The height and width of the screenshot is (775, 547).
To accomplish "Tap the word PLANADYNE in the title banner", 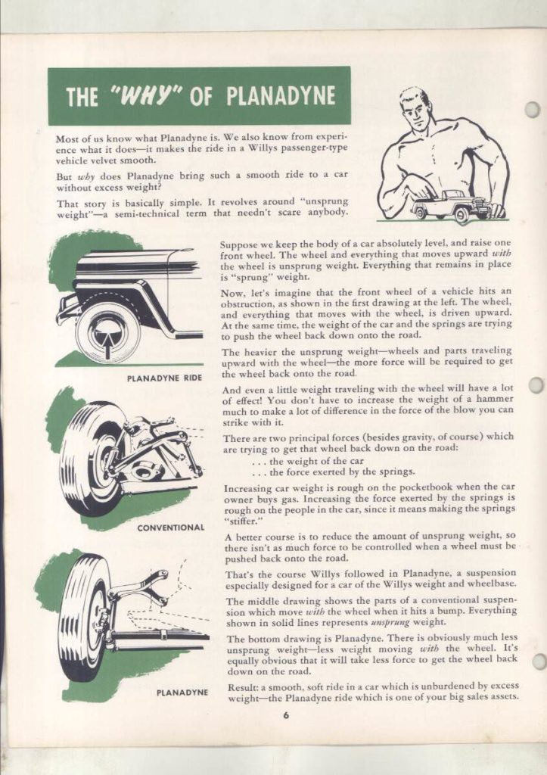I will click(279, 97).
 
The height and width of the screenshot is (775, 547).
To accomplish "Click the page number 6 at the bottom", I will click(287, 718).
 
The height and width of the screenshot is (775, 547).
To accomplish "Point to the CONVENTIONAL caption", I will click(171, 527).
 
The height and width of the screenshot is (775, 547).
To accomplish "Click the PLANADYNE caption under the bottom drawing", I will click(182, 692).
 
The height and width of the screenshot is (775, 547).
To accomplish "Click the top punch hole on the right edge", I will click(533, 109).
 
